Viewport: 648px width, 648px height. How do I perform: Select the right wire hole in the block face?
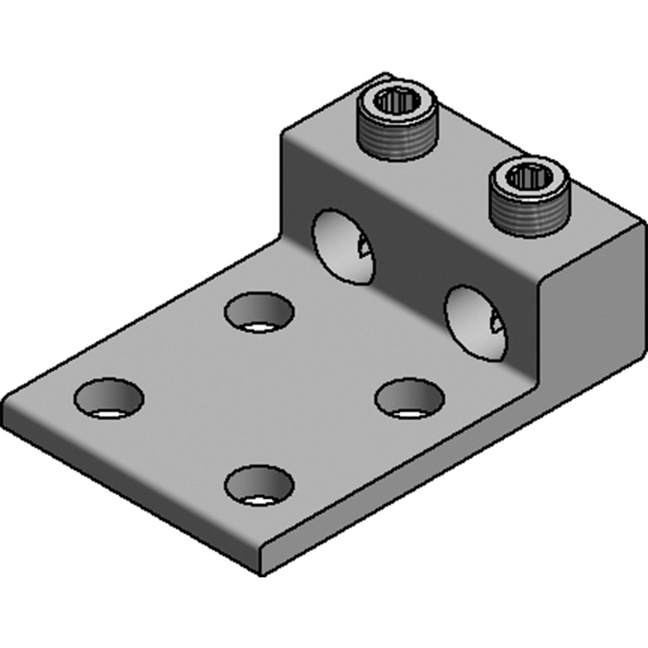(475, 323)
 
